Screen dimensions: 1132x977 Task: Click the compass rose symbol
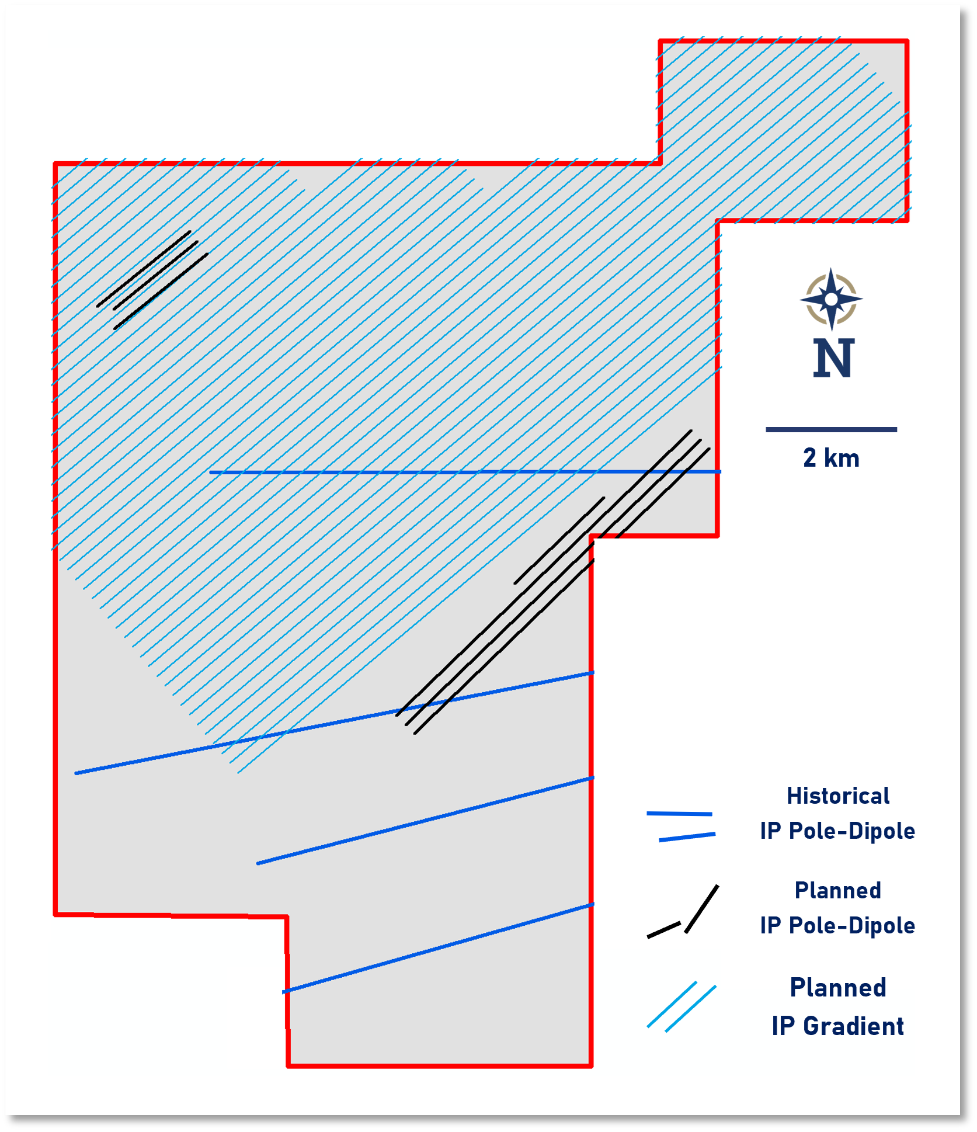pyautogui.click(x=831, y=299)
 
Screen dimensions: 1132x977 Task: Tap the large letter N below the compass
pyautogui.click(x=833, y=357)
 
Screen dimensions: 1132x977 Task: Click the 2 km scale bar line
pyautogui.click(x=831, y=429)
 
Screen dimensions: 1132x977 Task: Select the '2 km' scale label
pyautogui.click(x=831, y=458)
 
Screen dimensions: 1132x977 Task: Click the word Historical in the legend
pyautogui.click(x=837, y=796)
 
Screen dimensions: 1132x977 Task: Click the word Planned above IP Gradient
pyautogui.click(x=837, y=988)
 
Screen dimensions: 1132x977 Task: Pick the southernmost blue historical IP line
pyautogui.click(x=438, y=948)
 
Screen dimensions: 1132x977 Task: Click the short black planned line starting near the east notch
pyautogui.click(x=559, y=540)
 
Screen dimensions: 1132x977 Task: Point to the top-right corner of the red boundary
pyautogui.click(x=907, y=41)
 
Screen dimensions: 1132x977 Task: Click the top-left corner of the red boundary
pyautogui.click(x=55, y=164)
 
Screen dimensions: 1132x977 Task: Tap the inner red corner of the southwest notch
pyautogui.click(x=287, y=916)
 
